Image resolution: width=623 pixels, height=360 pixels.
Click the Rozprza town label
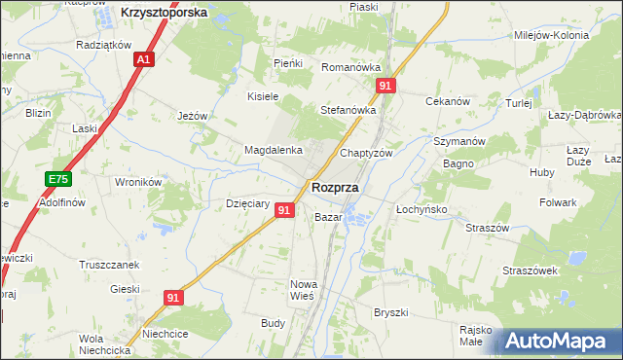[x=334, y=187]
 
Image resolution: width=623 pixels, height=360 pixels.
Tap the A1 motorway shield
[x=143, y=60]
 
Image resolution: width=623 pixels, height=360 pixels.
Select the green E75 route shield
[x=58, y=179]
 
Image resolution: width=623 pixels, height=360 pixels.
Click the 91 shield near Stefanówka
[x=387, y=87]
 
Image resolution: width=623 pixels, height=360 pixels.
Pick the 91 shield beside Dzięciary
[x=284, y=210]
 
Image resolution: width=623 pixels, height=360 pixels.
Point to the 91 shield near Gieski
[x=172, y=299]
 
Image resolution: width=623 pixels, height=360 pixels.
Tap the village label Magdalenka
[x=273, y=151]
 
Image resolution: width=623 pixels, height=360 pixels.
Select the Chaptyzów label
[x=366, y=154]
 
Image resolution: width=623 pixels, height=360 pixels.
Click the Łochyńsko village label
[x=421, y=209]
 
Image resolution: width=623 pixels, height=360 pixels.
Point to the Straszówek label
[x=529, y=270]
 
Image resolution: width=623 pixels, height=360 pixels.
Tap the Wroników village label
[x=137, y=181]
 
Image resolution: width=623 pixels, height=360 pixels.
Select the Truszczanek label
[x=106, y=264]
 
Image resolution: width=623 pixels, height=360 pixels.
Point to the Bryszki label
[x=390, y=312]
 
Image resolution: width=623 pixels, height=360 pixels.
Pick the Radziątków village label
[x=103, y=45]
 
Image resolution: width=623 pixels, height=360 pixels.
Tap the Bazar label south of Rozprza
[x=327, y=217]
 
